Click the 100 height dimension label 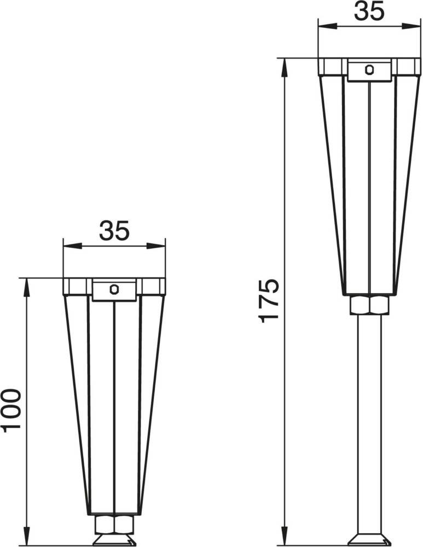coord(10,411)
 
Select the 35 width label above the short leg coord(114,231)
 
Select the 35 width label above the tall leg coord(369,11)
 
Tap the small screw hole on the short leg coord(114,289)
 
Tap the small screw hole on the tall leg coord(369,69)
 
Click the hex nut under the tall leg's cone coord(369,305)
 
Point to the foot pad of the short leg coord(114,539)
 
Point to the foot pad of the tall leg coord(369,539)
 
